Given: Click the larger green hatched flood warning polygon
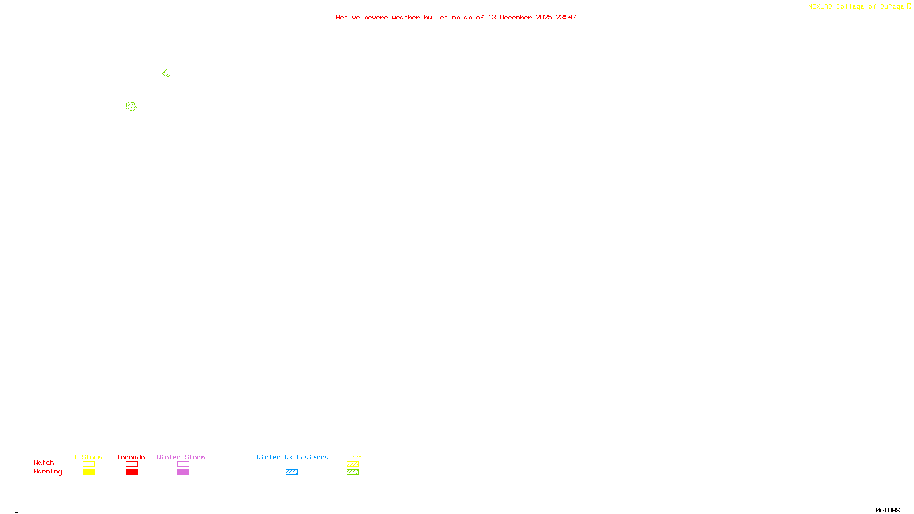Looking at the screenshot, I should pyautogui.click(x=131, y=107).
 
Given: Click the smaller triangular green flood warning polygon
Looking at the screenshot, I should pyautogui.click(x=166, y=73).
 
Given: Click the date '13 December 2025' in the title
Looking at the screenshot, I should pyautogui.click(x=520, y=18).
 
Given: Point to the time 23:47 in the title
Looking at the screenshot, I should pyautogui.click(x=566, y=18).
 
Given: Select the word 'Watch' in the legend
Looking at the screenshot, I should pyautogui.click(x=44, y=463).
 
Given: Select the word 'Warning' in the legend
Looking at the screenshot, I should pyautogui.click(x=48, y=472).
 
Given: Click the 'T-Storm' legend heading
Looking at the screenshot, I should pyautogui.click(x=88, y=457).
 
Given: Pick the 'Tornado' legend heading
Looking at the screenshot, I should pyautogui.click(x=131, y=457).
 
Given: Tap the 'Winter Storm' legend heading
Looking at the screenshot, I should pyautogui.click(x=181, y=457).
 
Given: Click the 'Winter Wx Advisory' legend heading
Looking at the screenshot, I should pyautogui.click(x=292, y=457).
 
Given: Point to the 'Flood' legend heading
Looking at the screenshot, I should pyautogui.click(x=352, y=457).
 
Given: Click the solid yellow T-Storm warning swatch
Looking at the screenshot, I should pyautogui.click(x=89, y=472).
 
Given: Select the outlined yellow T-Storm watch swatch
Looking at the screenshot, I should pyautogui.click(x=89, y=464).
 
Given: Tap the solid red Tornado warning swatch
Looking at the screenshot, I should pyautogui.click(x=131, y=472).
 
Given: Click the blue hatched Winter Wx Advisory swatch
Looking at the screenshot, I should pyautogui.click(x=291, y=472).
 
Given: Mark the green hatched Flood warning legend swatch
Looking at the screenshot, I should pyautogui.click(x=352, y=472).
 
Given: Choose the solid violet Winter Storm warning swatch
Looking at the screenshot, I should pyautogui.click(x=183, y=472).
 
